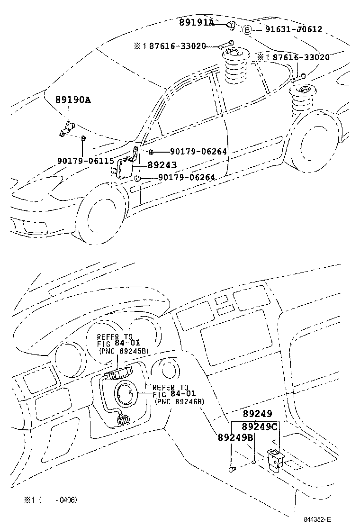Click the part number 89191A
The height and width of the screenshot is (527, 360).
tap(196, 22)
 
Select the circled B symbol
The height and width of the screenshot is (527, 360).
tap(247, 30)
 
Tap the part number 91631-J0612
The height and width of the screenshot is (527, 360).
tap(293, 29)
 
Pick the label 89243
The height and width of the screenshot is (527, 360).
tap(162, 165)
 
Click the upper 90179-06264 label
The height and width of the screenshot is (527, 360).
tap(198, 152)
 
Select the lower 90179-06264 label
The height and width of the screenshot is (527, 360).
tap(186, 177)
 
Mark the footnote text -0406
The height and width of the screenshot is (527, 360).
tap(66, 500)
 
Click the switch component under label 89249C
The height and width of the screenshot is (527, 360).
tap(275, 459)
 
